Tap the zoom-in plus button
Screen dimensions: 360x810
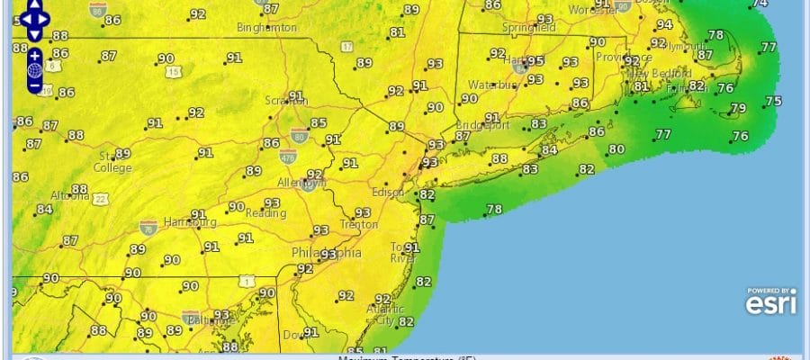click(34, 54)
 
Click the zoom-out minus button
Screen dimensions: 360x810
click(34, 86)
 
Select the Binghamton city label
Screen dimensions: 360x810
click(266, 28)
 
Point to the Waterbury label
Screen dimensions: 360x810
click(490, 85)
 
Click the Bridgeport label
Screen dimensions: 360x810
click(482, 125)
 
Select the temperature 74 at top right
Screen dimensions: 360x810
click(760, 4)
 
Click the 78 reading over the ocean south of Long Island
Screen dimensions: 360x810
click(494, 210)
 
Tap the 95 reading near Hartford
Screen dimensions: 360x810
click(535, 61)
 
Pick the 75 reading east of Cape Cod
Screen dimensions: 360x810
click(773, 101)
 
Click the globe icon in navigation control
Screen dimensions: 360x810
click(34, 70)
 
